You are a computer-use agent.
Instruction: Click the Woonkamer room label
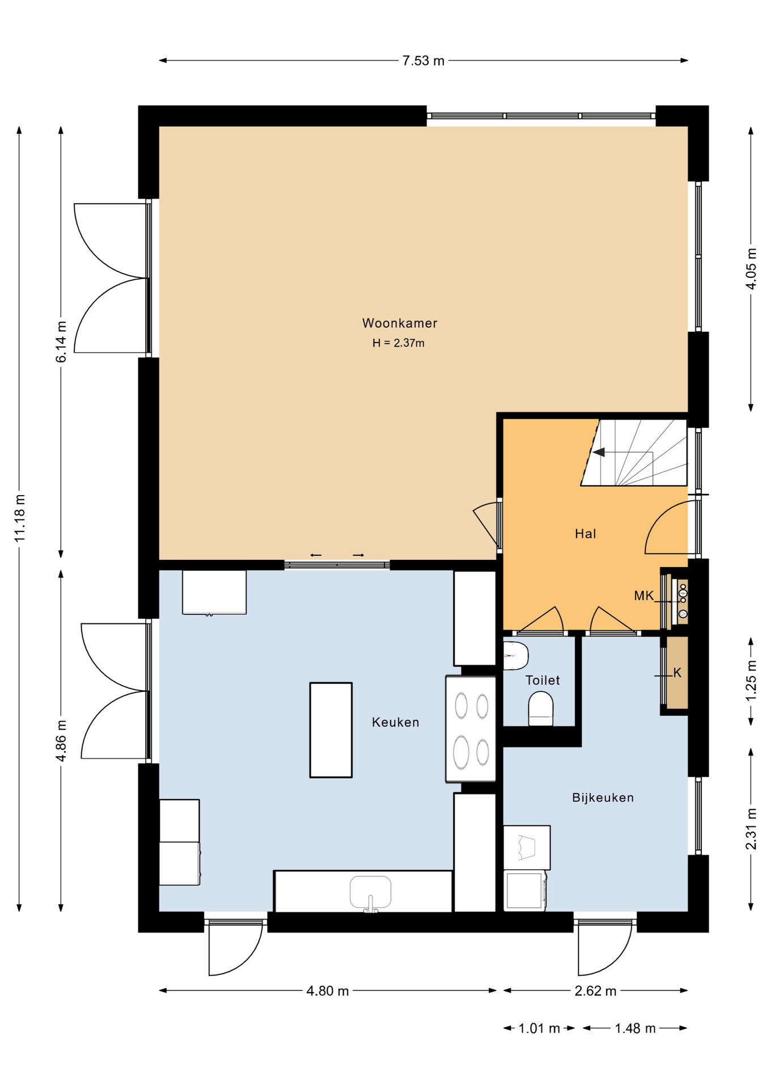click(400, 323)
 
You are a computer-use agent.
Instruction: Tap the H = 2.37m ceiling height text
click(398, 343)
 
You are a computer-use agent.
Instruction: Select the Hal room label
click(585, 534)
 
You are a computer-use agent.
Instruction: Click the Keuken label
click(395, 722)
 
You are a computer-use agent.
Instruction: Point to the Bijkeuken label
click(603, 797)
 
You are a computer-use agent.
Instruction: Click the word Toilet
click(543, 680)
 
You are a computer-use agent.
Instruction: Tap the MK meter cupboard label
click(644, 596)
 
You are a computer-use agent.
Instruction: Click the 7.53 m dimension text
click(424, 61)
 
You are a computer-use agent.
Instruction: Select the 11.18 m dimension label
click(20, 518)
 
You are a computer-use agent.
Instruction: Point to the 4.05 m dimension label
click(751, 269)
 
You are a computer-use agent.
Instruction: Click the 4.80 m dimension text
click(328, 990)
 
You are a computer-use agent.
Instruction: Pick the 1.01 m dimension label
click(539, 1028)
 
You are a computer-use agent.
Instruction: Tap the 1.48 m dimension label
click(635, 1028)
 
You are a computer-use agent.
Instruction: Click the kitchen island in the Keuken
click(331, 729)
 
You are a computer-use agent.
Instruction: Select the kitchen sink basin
click(370, 892)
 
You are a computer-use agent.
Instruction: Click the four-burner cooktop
click(471, 729)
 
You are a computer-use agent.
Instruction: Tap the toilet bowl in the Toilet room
click(540, 708)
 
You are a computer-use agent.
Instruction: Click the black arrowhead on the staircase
click(599, 452)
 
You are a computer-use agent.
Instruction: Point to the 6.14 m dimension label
click(61, 341)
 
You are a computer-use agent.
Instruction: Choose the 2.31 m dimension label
click(751, 829)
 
